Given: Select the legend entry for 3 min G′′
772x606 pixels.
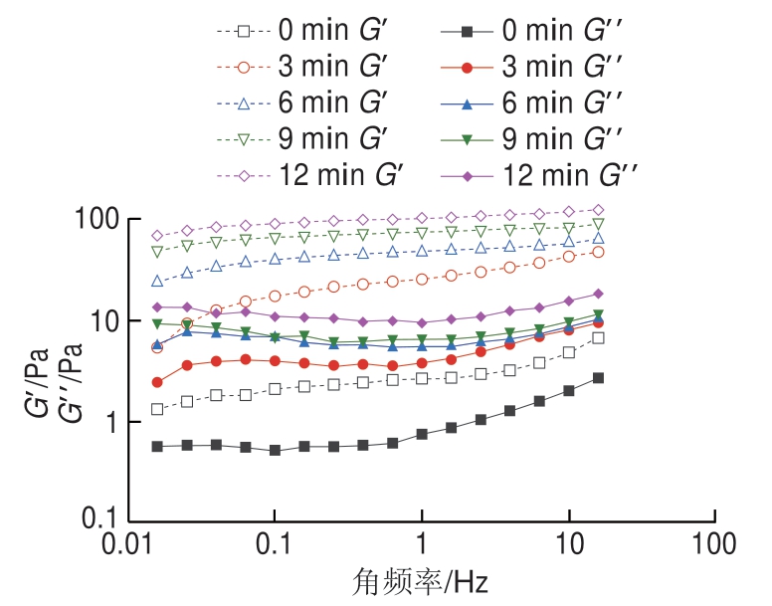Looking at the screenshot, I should click(538, 68).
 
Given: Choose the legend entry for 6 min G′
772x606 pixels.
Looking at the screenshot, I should click(308, 103).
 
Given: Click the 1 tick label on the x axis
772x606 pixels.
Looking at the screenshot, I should click(422, 544).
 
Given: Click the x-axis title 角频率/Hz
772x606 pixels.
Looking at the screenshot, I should click(422, 580).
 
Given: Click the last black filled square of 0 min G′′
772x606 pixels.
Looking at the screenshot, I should click(598, 378).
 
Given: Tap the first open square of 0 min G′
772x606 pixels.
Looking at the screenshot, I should click(157, 409).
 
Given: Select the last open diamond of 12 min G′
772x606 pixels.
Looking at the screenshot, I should click(598, 210).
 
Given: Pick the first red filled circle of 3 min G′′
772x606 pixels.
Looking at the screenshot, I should click(157, 382).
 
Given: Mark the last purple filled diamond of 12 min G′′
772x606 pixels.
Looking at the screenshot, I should click(598, 294).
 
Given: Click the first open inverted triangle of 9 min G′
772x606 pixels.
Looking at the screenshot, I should click(157, 251).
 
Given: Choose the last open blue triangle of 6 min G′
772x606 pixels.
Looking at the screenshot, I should click(598, 238).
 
